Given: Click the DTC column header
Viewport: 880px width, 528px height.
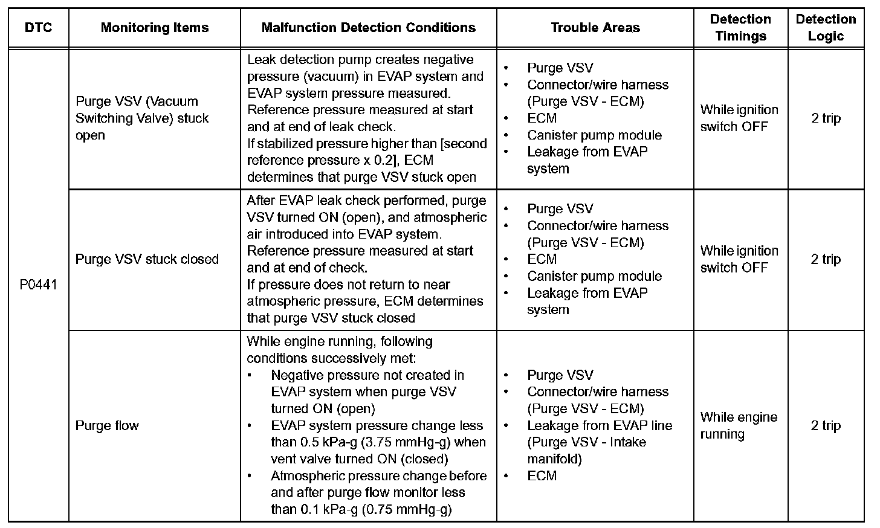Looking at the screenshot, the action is [39, 28].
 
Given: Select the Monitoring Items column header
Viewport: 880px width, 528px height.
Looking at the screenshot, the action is [155, 28].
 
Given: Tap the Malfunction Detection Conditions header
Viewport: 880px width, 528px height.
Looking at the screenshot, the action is [368, 28].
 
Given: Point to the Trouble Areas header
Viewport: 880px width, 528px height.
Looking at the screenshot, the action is [595, 28].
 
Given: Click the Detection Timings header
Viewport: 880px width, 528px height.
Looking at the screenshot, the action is [740, 28].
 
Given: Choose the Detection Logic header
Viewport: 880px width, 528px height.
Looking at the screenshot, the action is [826, 28].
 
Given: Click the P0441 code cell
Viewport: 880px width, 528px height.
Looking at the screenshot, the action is [39, 285].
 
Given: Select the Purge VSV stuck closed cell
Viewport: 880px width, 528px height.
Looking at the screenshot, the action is [147, 259].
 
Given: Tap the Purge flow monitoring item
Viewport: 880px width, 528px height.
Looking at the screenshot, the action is [107, 426].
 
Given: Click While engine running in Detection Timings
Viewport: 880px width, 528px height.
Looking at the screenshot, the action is [739, 425].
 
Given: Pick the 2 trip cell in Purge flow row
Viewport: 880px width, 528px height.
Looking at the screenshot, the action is [826, 426].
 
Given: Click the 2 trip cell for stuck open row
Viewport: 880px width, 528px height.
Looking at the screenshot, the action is [826, 118].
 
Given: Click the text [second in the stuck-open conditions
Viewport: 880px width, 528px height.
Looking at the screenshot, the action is [462, 144].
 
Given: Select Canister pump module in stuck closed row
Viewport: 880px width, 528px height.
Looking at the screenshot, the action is [594, 276].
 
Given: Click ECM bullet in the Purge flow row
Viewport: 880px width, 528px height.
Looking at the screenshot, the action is [542, 476].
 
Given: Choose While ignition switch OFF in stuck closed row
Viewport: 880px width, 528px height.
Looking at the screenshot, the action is [739, 259].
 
